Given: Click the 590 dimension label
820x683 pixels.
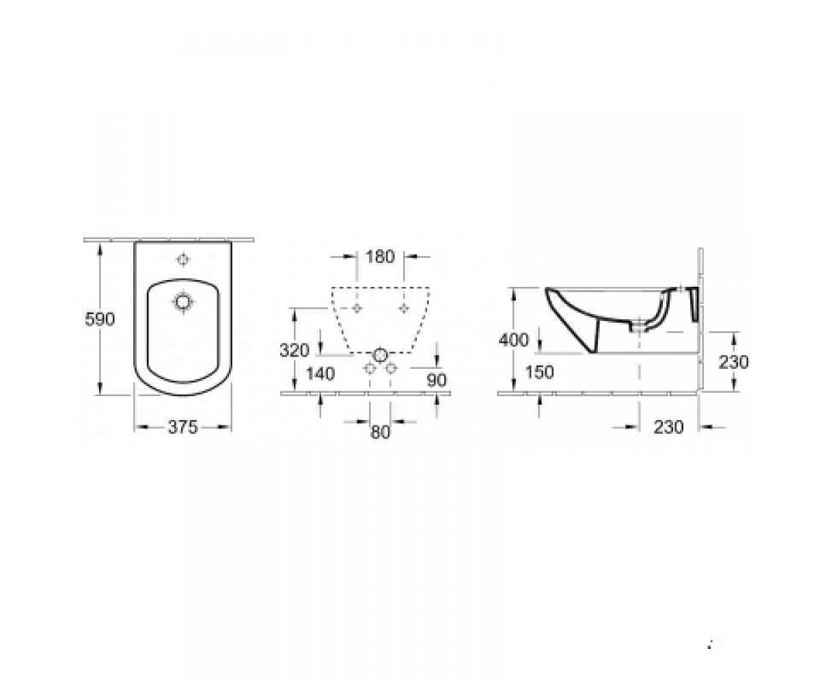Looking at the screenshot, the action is coord(100,319).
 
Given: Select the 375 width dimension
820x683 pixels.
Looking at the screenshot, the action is coord(182,427).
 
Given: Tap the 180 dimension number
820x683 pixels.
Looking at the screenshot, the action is coord(380,257).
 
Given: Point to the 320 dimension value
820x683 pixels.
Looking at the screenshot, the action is coord(295,350).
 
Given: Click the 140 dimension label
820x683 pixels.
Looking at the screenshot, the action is coord(320,374).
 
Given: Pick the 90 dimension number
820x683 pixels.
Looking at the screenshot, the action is coord(437,380).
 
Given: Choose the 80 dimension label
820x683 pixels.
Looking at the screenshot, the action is coord(380,432).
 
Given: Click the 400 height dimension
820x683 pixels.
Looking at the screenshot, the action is coord(514,339).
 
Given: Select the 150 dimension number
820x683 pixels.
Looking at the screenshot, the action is coord(539,372).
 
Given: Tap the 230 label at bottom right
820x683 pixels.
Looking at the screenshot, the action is coord(668,427).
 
